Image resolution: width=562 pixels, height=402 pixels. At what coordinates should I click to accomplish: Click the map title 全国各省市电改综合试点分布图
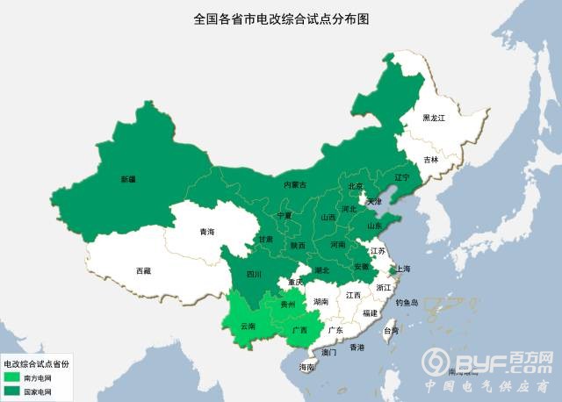281,18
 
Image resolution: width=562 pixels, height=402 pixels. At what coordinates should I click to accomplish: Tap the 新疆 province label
128,179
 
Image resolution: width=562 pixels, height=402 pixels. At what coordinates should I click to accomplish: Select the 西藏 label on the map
143,271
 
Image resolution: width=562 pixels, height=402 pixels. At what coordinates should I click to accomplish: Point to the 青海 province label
206,232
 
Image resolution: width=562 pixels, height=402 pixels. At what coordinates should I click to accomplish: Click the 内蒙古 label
295,185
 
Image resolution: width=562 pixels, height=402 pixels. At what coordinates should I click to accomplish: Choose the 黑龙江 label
434,118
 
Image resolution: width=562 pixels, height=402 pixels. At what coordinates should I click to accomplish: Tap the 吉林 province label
430,160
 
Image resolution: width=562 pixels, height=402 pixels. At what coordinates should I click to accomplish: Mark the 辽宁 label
402,177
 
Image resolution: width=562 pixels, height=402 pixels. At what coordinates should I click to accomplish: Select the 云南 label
246,326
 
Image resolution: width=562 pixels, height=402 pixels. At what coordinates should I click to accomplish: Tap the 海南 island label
306,366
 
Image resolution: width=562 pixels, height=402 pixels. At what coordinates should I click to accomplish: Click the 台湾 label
391,331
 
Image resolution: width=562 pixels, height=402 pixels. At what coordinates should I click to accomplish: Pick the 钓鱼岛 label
411,302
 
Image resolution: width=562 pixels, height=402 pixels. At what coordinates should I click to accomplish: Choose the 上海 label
403,269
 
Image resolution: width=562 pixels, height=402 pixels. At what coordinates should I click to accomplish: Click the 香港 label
357,348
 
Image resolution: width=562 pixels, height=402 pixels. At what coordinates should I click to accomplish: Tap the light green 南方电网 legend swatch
12,377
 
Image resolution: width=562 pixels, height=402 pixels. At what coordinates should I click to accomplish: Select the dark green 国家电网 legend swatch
12,391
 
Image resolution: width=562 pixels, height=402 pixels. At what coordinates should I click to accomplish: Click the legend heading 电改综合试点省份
36,363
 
